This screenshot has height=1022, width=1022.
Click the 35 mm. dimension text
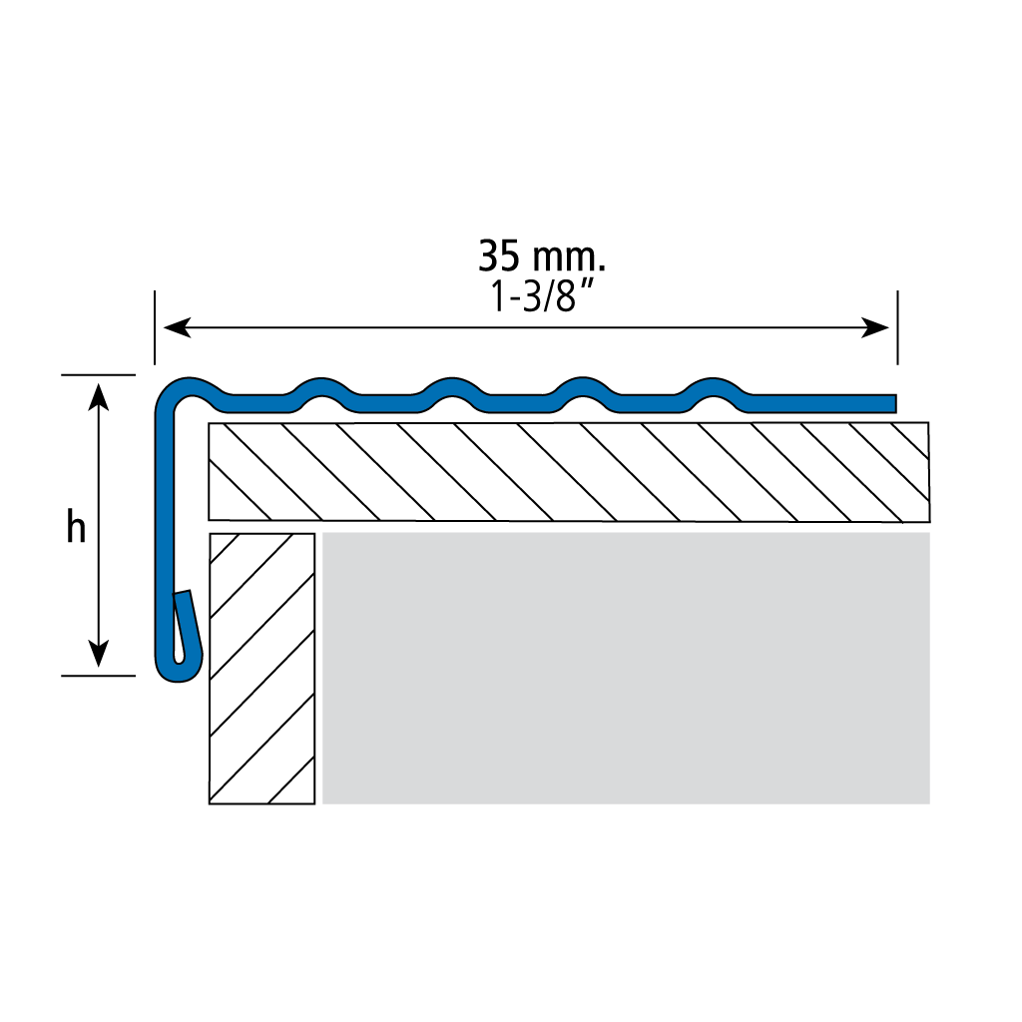point(542,255)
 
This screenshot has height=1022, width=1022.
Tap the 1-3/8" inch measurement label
point(542,295)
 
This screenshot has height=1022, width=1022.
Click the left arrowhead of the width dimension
point(177,327)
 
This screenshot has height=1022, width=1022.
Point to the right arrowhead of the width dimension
point(875,327)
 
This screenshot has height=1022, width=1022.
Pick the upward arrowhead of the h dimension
point(98,396)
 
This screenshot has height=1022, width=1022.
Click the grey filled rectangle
point(626,668)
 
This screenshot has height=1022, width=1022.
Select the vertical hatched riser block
point(262,669)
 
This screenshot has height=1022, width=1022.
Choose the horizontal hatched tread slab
point(569,472)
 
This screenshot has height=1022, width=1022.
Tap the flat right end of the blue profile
point(894,403)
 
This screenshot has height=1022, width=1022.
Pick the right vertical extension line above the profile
point(897,327)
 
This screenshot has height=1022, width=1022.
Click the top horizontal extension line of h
point(99,375)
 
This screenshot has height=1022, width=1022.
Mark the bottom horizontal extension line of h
point(99,676)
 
